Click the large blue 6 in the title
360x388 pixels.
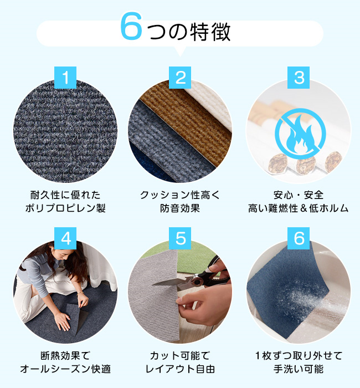131,26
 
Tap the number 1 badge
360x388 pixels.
65,78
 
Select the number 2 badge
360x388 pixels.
180,78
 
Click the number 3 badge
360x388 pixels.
299,78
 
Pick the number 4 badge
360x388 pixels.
65,238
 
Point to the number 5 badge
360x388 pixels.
180,238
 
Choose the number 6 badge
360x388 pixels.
299,238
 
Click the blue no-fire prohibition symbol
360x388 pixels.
300,134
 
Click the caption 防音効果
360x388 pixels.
180,208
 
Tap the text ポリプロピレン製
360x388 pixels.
65,208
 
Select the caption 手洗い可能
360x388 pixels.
299,369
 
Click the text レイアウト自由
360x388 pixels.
180,369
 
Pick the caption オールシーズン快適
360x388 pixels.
65,369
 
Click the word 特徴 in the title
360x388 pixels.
210,32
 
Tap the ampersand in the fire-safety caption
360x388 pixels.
304,208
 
